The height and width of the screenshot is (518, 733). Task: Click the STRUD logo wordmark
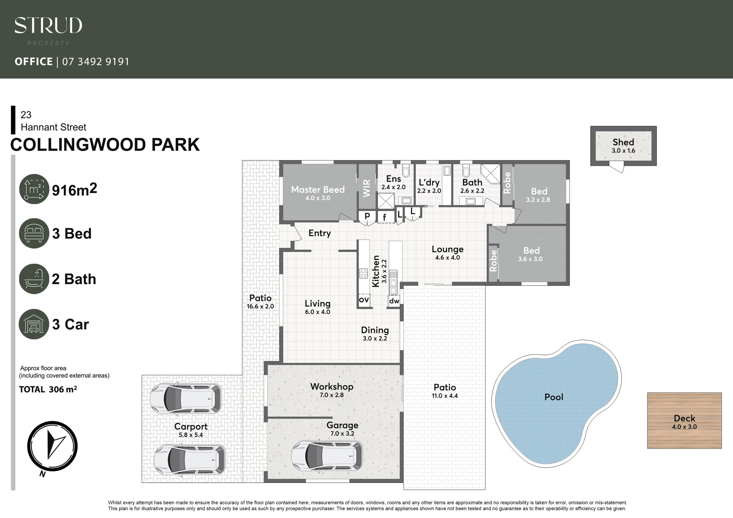[48, 25]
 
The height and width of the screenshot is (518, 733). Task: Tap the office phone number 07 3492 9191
[96, 62]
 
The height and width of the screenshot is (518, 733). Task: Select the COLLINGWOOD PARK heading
[105, 145]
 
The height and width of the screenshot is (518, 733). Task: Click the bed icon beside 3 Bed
[34, 233]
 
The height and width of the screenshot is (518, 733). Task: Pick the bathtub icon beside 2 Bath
[34, 279]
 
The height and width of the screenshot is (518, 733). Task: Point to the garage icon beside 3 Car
[34, 324]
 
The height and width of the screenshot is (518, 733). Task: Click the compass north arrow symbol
[52, 446]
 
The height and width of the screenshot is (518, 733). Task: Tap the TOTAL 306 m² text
[48, 390]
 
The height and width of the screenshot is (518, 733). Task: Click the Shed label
[623, 142]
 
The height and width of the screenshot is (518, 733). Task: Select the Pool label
[554, 397]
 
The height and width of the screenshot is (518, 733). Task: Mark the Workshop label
[332, 387]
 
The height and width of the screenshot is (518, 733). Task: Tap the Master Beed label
[318, 189]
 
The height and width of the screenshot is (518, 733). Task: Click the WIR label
[367, 188]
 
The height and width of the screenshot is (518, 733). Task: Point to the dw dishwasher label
[394, 301]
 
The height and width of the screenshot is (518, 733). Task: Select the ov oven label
[364, 300]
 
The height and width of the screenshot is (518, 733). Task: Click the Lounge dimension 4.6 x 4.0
[448, 258]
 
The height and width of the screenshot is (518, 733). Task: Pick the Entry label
[320, 233]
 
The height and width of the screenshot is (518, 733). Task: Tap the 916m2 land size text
[74, 189]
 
